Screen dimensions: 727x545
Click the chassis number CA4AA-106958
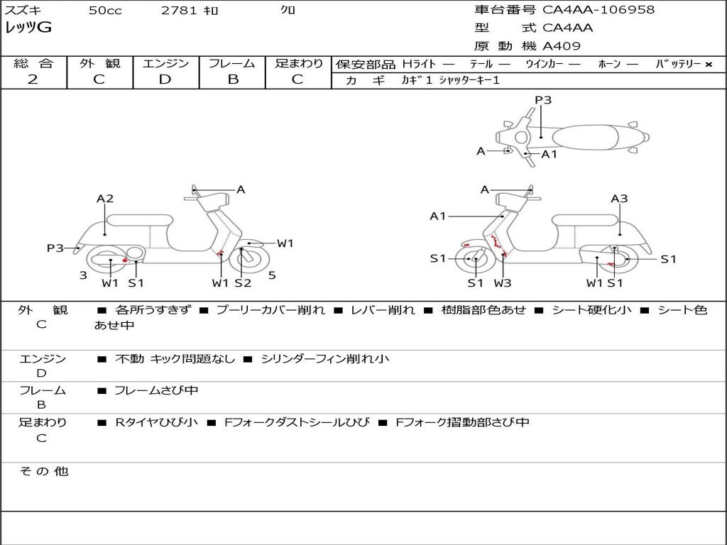(598, 10)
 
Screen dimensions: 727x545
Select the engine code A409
(562, 46)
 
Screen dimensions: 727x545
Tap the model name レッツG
(28, 28)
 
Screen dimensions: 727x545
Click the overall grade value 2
(33, 79)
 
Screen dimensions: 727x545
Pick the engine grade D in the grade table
(165, 79)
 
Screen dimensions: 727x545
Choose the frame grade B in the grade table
(233, 79)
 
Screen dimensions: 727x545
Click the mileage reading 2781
(179, 10)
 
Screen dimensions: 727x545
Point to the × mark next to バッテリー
(709, 65)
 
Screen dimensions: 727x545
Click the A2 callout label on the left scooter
(105, 199)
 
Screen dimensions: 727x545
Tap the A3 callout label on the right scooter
(619, 199)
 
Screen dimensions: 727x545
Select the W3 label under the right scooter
(503, 282)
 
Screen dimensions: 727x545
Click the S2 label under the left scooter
(243, 282)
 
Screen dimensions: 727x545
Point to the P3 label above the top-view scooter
(543, 100)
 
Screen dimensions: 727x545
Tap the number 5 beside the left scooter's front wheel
(272, 275)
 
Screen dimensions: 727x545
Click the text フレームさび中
(156, 391)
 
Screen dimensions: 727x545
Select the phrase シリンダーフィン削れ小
(325, 358)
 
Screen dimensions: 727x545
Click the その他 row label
(43, 471)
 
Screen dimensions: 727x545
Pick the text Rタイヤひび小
(156, 422)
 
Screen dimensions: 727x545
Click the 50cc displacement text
(105, 10)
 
